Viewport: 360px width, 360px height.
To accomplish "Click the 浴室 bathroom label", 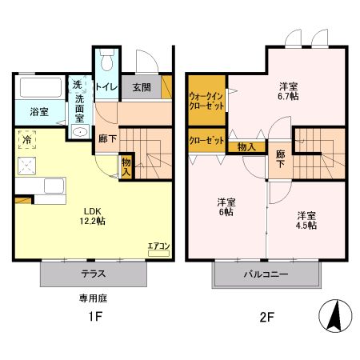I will (38, 111).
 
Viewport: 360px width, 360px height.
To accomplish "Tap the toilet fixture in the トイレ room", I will (107, 63).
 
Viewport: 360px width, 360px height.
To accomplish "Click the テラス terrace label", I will (94, 274).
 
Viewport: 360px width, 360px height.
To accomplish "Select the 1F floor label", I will (94, 317).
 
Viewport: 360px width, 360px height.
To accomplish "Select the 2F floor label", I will (266, 317).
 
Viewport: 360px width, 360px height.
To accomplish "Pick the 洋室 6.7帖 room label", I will (289, 90).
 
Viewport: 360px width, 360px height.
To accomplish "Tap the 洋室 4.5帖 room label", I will (306, 220).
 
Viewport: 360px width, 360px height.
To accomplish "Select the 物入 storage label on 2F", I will (246, 146).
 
